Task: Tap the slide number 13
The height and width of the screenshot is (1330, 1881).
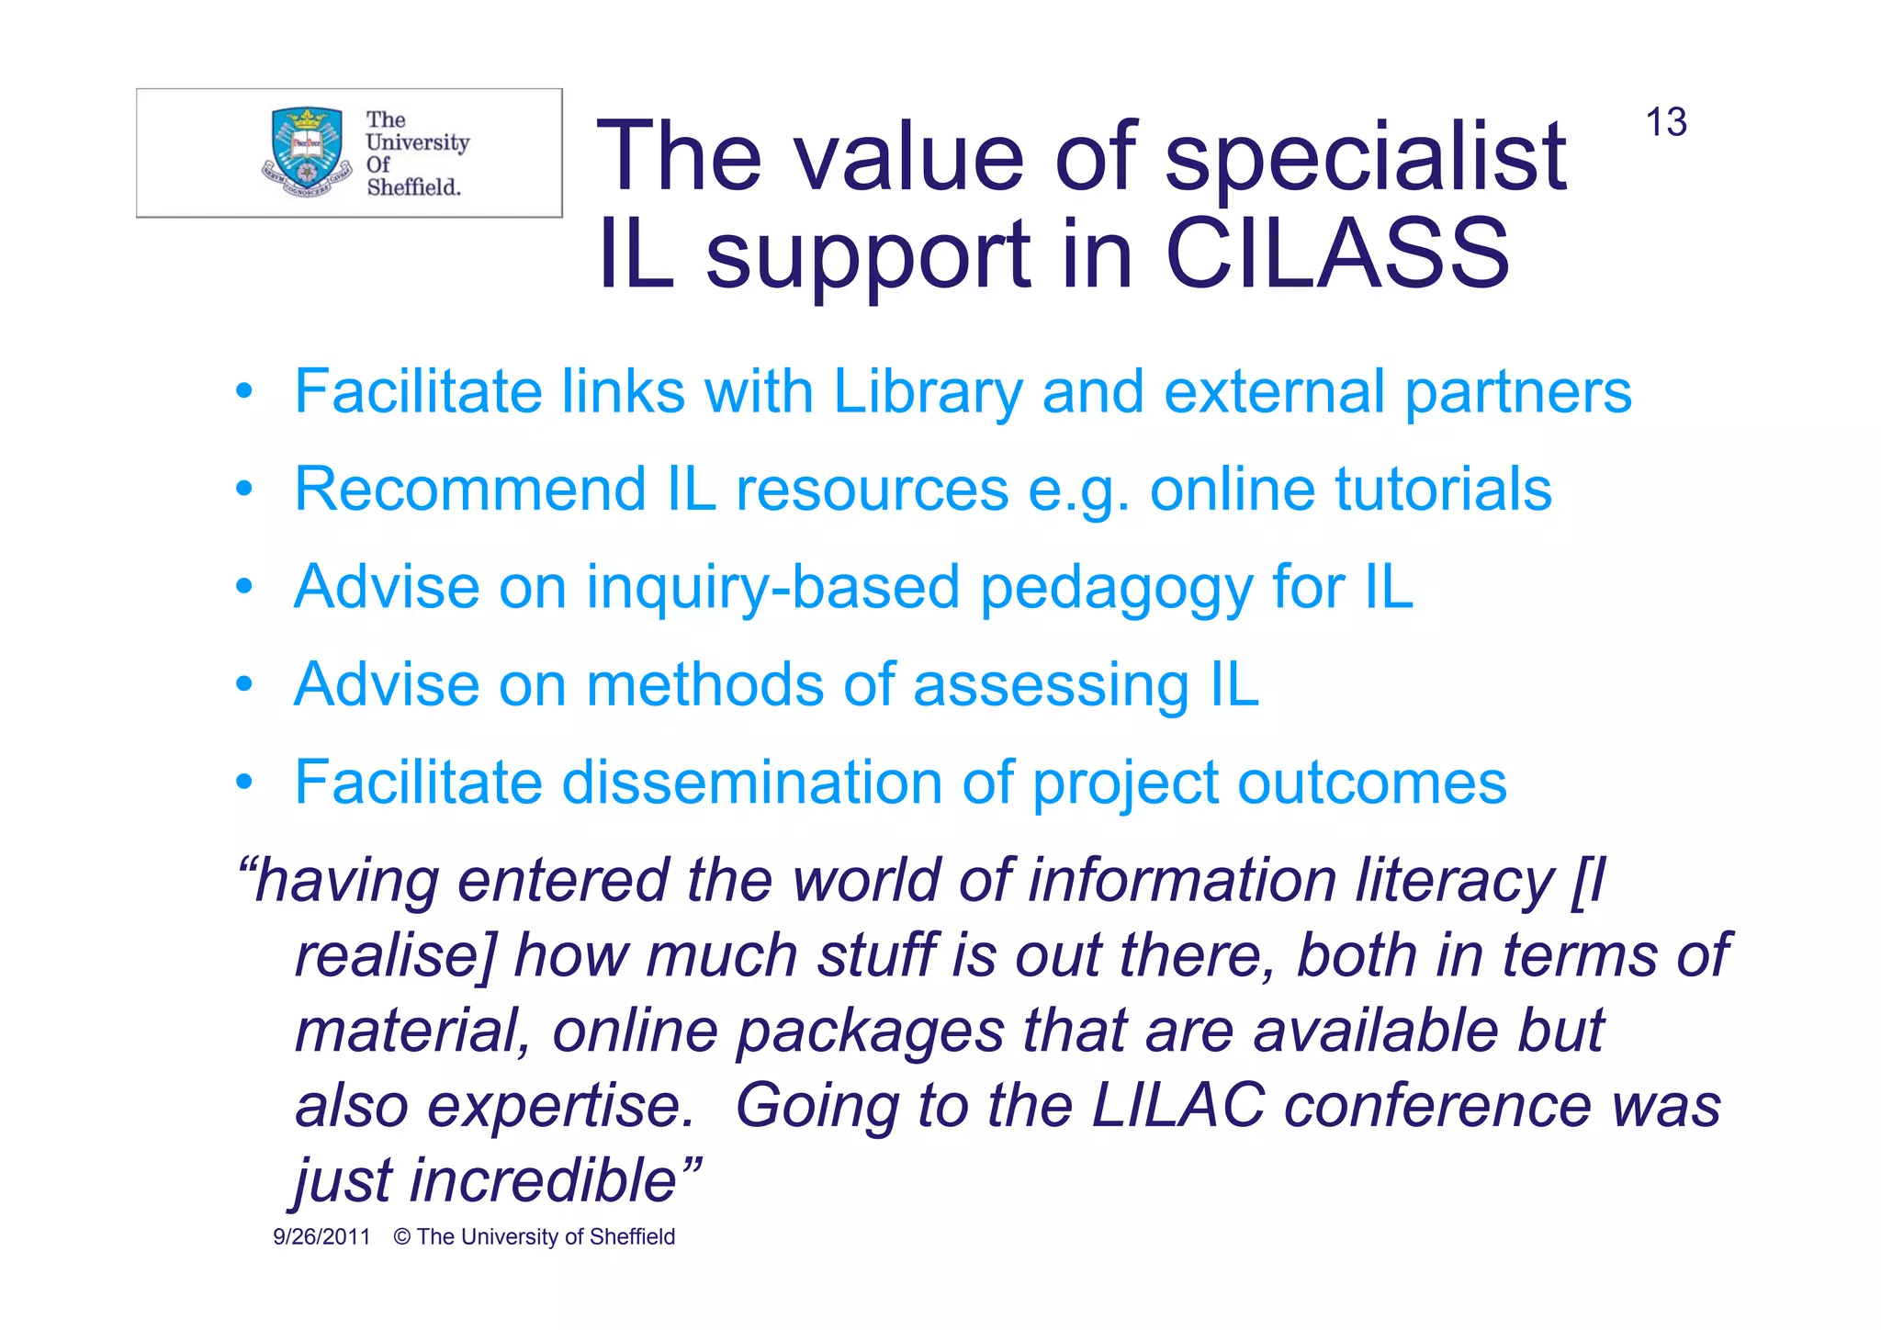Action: [x=1665, y=123]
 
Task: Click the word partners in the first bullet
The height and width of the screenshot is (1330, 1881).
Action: [x=1518, y=392]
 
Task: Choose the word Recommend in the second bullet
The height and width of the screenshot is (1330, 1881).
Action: [x=469, y=489]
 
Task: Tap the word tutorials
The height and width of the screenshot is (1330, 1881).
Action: [x=1442, y=489]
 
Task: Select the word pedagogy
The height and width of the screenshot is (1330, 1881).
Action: [x=1116, y=589]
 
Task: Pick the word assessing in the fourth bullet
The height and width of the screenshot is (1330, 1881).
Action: [x=1051, y=685]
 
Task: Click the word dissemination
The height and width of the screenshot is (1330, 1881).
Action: [x=751, y=783]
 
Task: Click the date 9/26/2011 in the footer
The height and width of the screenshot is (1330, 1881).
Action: [x=321, y=1237]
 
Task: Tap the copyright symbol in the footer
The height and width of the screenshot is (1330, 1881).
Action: [x=401, y=1237]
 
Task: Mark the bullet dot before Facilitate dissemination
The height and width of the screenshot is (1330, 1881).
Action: [x=243, y=783]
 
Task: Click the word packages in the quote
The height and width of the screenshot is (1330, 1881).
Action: [x=870, y=1031]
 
